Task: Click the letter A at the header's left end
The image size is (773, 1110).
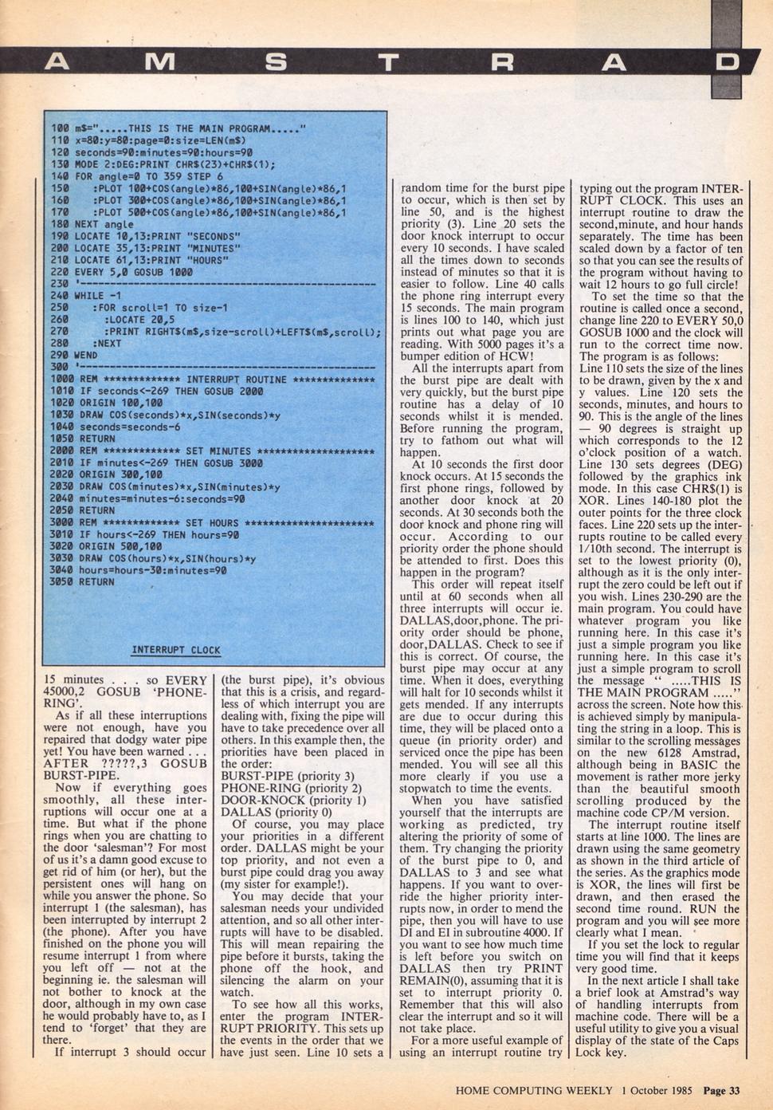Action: [x=57, y=61]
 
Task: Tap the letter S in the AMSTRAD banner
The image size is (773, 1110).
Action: [x=277, y=61]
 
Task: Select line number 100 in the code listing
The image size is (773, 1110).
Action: [x=59, y=128]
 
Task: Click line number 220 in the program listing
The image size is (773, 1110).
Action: [x=59, y=272]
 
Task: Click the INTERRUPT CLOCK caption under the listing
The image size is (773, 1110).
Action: [x=176, y=650]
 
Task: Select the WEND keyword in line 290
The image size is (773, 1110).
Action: [x=85, y=356]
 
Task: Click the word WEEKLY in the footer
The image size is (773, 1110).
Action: [x=585, y=1091]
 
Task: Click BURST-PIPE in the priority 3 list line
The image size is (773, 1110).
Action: [x=253, y=775]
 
